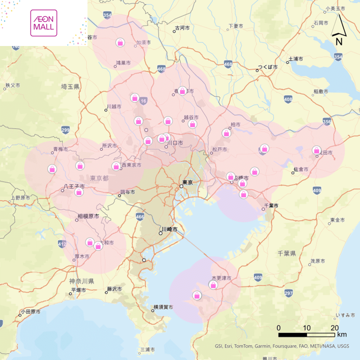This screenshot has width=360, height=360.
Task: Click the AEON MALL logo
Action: (43, 23)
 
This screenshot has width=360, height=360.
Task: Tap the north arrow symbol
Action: (338, 31)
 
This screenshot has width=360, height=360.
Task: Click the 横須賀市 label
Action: (163, 306)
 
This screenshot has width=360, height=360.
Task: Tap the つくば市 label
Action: (267, 67)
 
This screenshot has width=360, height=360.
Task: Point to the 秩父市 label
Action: (12, 85)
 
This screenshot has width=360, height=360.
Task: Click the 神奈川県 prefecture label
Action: (81, 281)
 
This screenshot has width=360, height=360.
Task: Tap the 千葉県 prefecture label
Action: (287, 253)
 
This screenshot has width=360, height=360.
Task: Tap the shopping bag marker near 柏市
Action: (226, 132)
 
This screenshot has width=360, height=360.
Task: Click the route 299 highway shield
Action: (65, 130)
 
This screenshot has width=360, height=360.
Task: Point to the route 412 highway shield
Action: (62, 244)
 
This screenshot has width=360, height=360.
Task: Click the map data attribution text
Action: (282, 346)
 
